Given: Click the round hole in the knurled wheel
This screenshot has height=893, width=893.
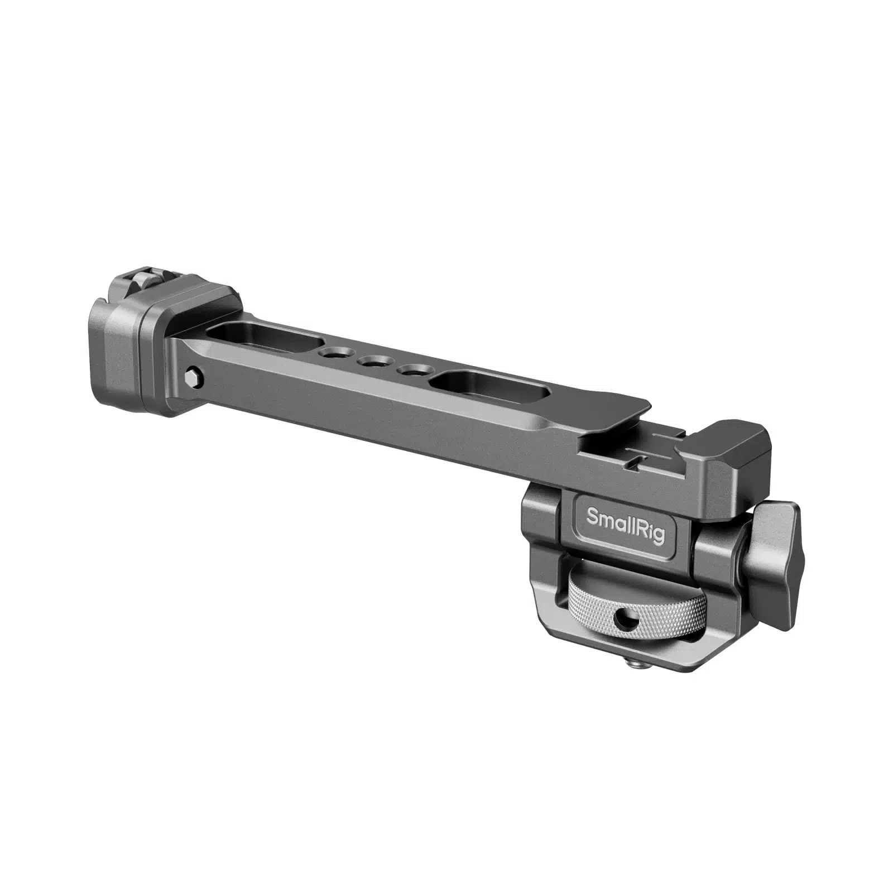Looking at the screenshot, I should [617, 617].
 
